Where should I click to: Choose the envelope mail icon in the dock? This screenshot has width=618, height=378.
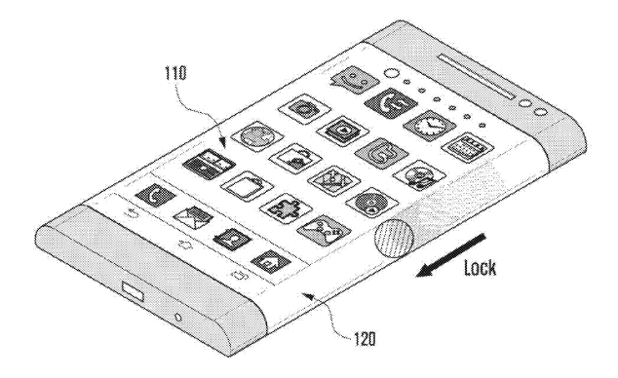point(188,216)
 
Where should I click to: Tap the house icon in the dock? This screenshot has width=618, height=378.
point(268,259)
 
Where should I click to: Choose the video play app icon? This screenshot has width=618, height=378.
point(343,129)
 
